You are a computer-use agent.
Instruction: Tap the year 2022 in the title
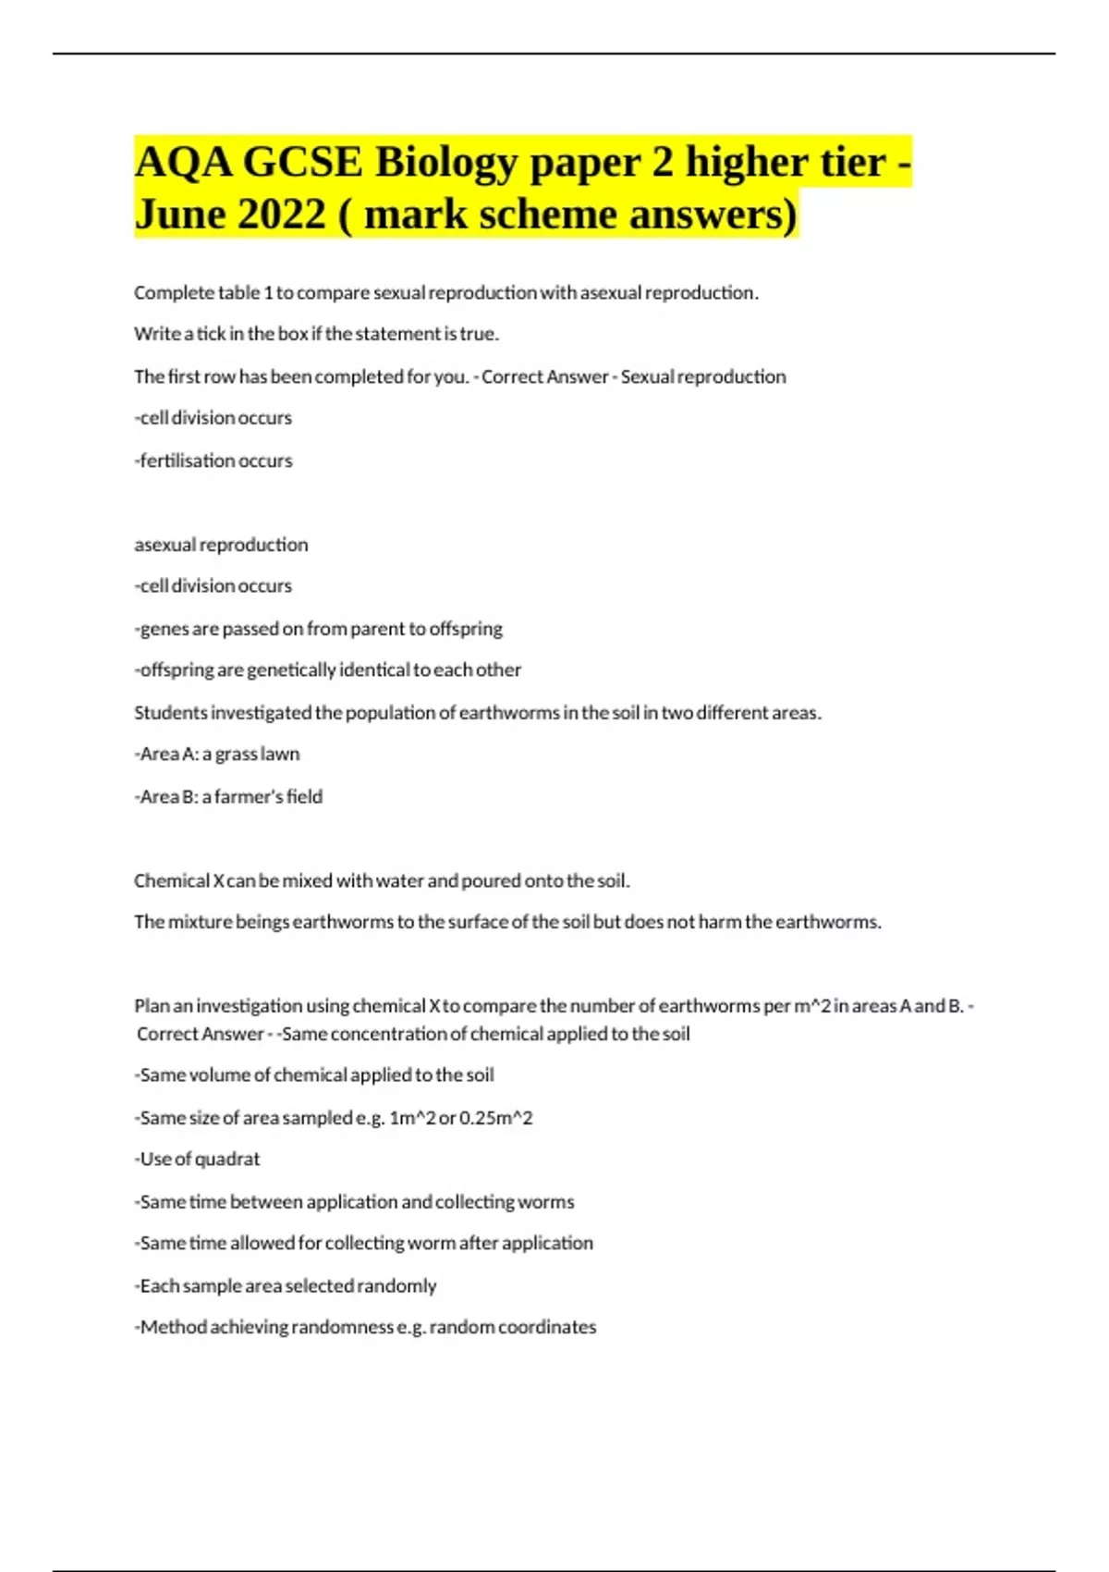click(x=281, y=215)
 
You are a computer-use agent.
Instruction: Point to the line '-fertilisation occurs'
click(x=213, y=461)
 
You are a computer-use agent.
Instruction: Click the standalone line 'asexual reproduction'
click(x=221, y=545)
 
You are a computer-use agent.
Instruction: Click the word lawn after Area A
click(x=280, y=754)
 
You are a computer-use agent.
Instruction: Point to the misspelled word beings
click(x=262, y=922)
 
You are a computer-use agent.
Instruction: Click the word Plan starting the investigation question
click(x=151, y=1005)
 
